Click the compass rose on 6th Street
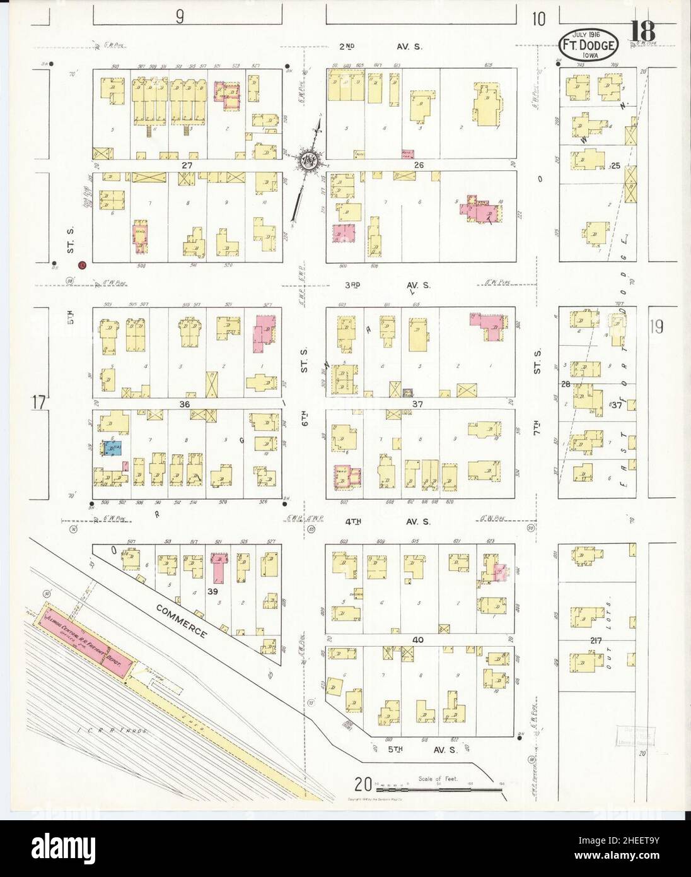[x=309, y=160]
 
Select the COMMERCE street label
[x=182, y=620]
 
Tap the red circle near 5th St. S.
[x=81, y=266]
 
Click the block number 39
[x=213, y=591]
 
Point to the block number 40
[x=417, y=640]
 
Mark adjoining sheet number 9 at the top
[x=180, y=18]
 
